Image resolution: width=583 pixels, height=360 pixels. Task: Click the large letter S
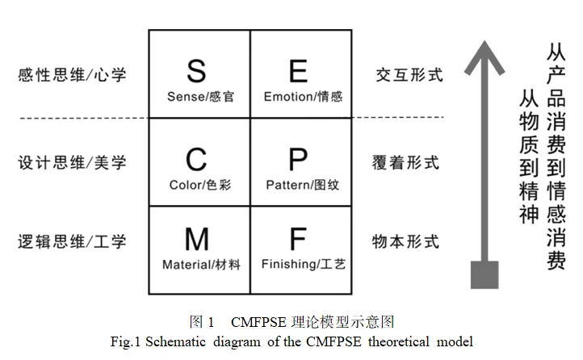(x=196, y=70)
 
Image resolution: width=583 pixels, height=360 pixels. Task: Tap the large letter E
(x=299, y=70)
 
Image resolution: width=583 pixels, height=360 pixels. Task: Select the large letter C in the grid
(x=196, y=157)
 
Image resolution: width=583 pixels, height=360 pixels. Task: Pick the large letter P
(x=299, y=157)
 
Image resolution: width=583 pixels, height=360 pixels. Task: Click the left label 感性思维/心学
(x=72, y=75)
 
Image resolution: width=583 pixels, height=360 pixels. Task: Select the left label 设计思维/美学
(x=72, y=162)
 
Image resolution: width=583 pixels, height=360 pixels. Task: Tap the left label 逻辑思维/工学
(x=72, y=241)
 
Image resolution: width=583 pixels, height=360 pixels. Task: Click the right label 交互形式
(x=409, y=75)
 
